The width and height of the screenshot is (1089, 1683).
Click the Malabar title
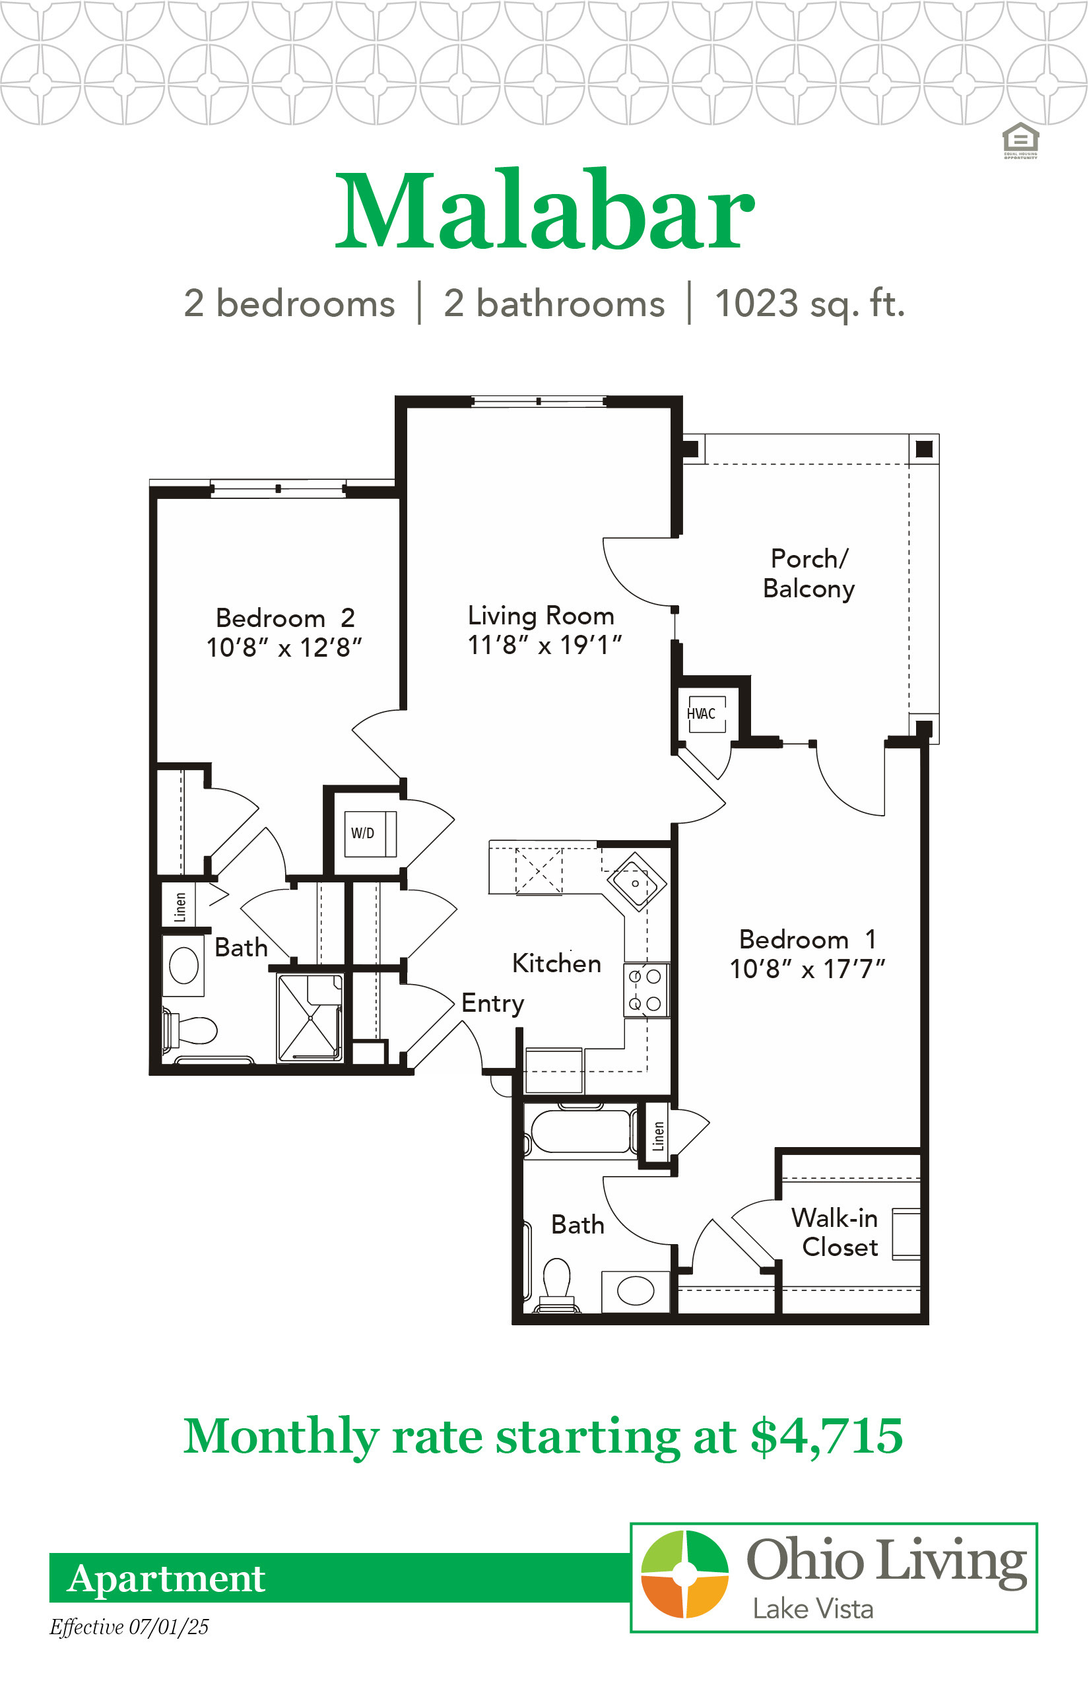point(544,210)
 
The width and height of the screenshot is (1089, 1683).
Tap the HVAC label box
point(706,713)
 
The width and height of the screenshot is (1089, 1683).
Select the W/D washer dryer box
point(370,834)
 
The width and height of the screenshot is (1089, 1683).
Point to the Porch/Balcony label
point(809,574)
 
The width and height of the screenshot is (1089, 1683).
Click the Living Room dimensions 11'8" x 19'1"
point(544,645)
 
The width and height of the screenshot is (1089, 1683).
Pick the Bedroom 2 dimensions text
point(284,647)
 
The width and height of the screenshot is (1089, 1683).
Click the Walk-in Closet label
point(835,1233)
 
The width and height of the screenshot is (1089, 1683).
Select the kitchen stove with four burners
point(646,990)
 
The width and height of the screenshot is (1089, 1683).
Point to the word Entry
point(493,1004)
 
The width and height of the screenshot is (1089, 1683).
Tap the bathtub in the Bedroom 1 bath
point(580,1132)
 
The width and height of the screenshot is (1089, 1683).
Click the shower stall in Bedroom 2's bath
point(310,1018)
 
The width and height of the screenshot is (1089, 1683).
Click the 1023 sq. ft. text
point(810,304)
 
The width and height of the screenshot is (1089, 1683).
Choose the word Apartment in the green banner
point(166,1578)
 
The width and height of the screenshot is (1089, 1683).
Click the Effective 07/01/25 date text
point(129,1626)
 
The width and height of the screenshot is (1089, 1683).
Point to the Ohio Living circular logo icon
point(684,1573)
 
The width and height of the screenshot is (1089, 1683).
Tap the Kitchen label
point(556,963)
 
